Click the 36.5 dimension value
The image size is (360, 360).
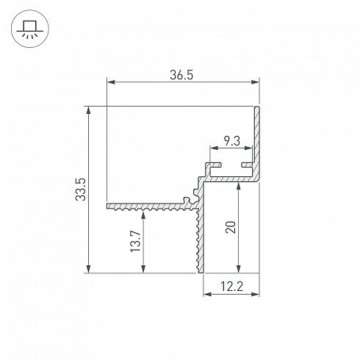point(181,75)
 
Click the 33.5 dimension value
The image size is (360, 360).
point(81,190)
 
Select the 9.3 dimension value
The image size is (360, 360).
point(232,141)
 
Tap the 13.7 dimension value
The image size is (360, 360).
point(135,241)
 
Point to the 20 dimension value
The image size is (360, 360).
point(231,227)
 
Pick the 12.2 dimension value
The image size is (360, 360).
point(231,287)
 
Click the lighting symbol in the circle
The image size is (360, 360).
point(30,29)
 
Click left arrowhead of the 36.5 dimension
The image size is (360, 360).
point(111,82)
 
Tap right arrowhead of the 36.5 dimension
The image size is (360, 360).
point(255,82)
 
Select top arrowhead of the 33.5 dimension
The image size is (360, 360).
point(89,110)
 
